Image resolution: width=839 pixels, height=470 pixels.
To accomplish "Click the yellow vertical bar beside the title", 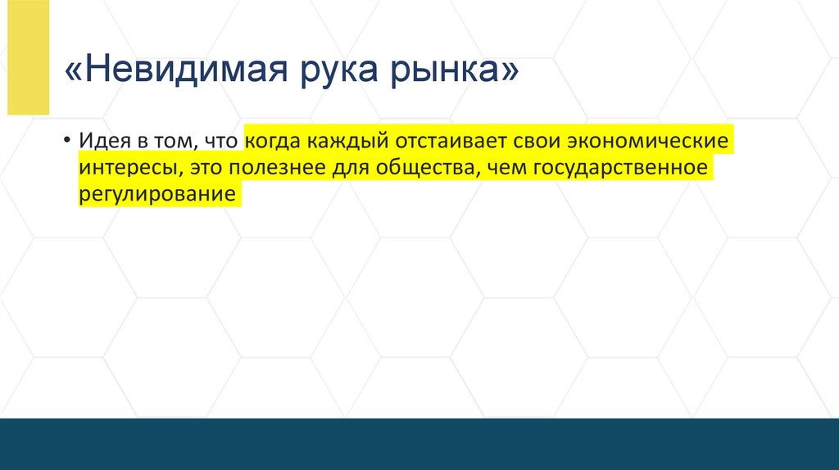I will point(29,57).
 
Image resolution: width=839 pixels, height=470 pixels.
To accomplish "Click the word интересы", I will point(130,168).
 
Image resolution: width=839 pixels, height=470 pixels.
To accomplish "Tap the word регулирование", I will point(157,197).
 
